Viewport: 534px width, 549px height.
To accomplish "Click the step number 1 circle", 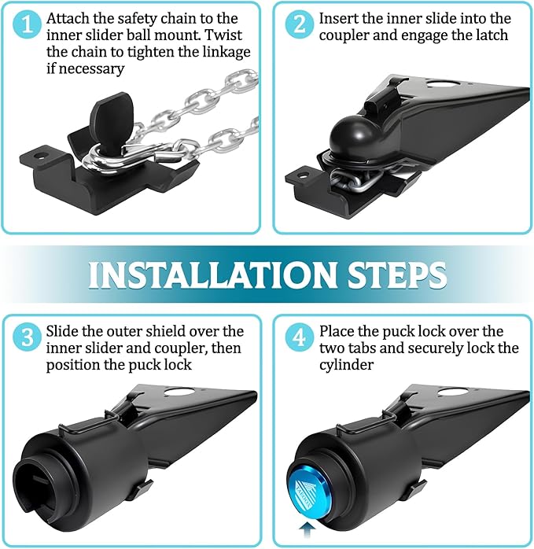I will point(28,24).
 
